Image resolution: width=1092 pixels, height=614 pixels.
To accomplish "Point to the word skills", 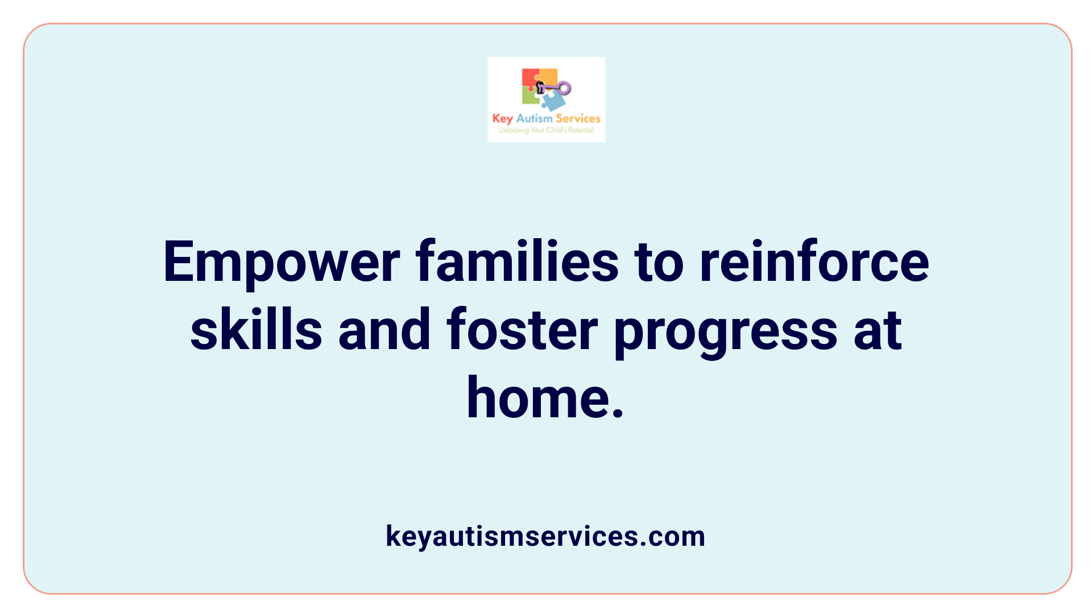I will coord(256,330).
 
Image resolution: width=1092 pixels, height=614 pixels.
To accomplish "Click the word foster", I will coord(522,330).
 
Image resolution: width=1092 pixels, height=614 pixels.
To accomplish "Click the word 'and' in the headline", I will coord(384,330).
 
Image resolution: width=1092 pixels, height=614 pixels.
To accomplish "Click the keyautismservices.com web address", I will coord(545,536).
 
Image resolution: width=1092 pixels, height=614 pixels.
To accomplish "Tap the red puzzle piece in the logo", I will coord(530,78).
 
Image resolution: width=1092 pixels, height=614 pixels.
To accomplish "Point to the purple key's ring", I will coord(564,88).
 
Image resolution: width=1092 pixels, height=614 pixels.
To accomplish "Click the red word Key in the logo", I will coord(503,119).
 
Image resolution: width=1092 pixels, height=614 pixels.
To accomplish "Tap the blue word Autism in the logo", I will coord(534,118).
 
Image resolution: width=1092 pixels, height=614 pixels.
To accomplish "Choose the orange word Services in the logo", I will coord(578,118).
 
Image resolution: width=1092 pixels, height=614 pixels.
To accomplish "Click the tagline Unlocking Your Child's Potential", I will coord(546,130).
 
